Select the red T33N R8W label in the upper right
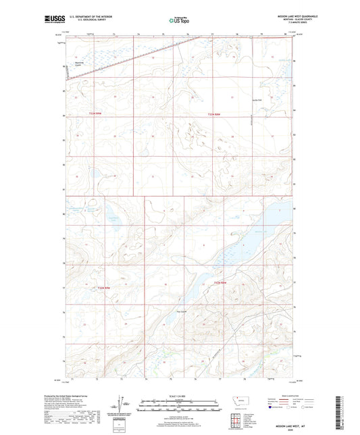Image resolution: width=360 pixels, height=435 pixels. [x=213, y=113]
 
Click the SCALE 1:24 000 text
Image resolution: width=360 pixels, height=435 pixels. [x=179, y=396]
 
